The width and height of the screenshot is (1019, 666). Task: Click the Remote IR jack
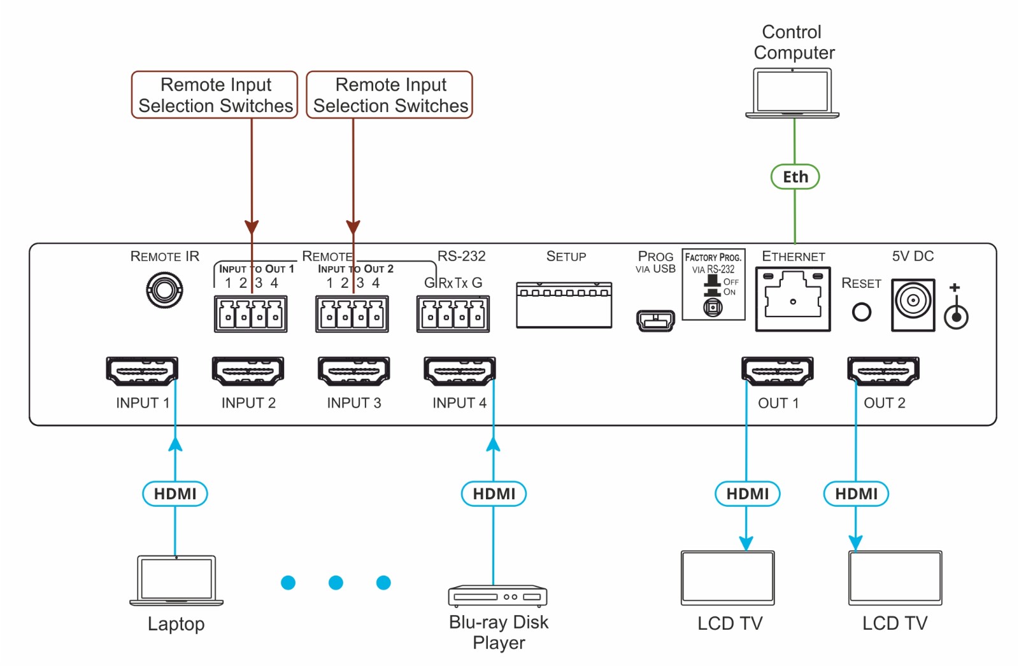(164, 290)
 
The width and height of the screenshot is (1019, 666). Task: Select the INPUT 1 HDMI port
(141, 371)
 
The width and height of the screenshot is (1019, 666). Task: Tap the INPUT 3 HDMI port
(353, 371)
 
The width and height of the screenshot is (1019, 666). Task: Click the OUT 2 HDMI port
(883, 371)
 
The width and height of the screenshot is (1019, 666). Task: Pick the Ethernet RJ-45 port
(793, 299)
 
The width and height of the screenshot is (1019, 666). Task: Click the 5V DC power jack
(913, 304)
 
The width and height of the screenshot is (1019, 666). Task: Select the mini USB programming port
(655, 320)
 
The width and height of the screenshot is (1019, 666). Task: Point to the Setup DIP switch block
(564, 305)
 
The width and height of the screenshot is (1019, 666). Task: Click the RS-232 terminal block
(453, 314)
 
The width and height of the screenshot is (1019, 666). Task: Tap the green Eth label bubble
(795, 177)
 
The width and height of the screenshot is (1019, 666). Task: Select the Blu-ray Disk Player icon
(497, 596)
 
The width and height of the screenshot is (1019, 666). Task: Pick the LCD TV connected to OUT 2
(895, 577)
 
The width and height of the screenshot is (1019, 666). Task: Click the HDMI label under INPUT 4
(494, 493)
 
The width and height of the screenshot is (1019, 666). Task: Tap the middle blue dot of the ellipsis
(336, 582)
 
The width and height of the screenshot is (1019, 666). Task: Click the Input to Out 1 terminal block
(250, 314)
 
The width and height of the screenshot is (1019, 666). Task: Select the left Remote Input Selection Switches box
(215, 95)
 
